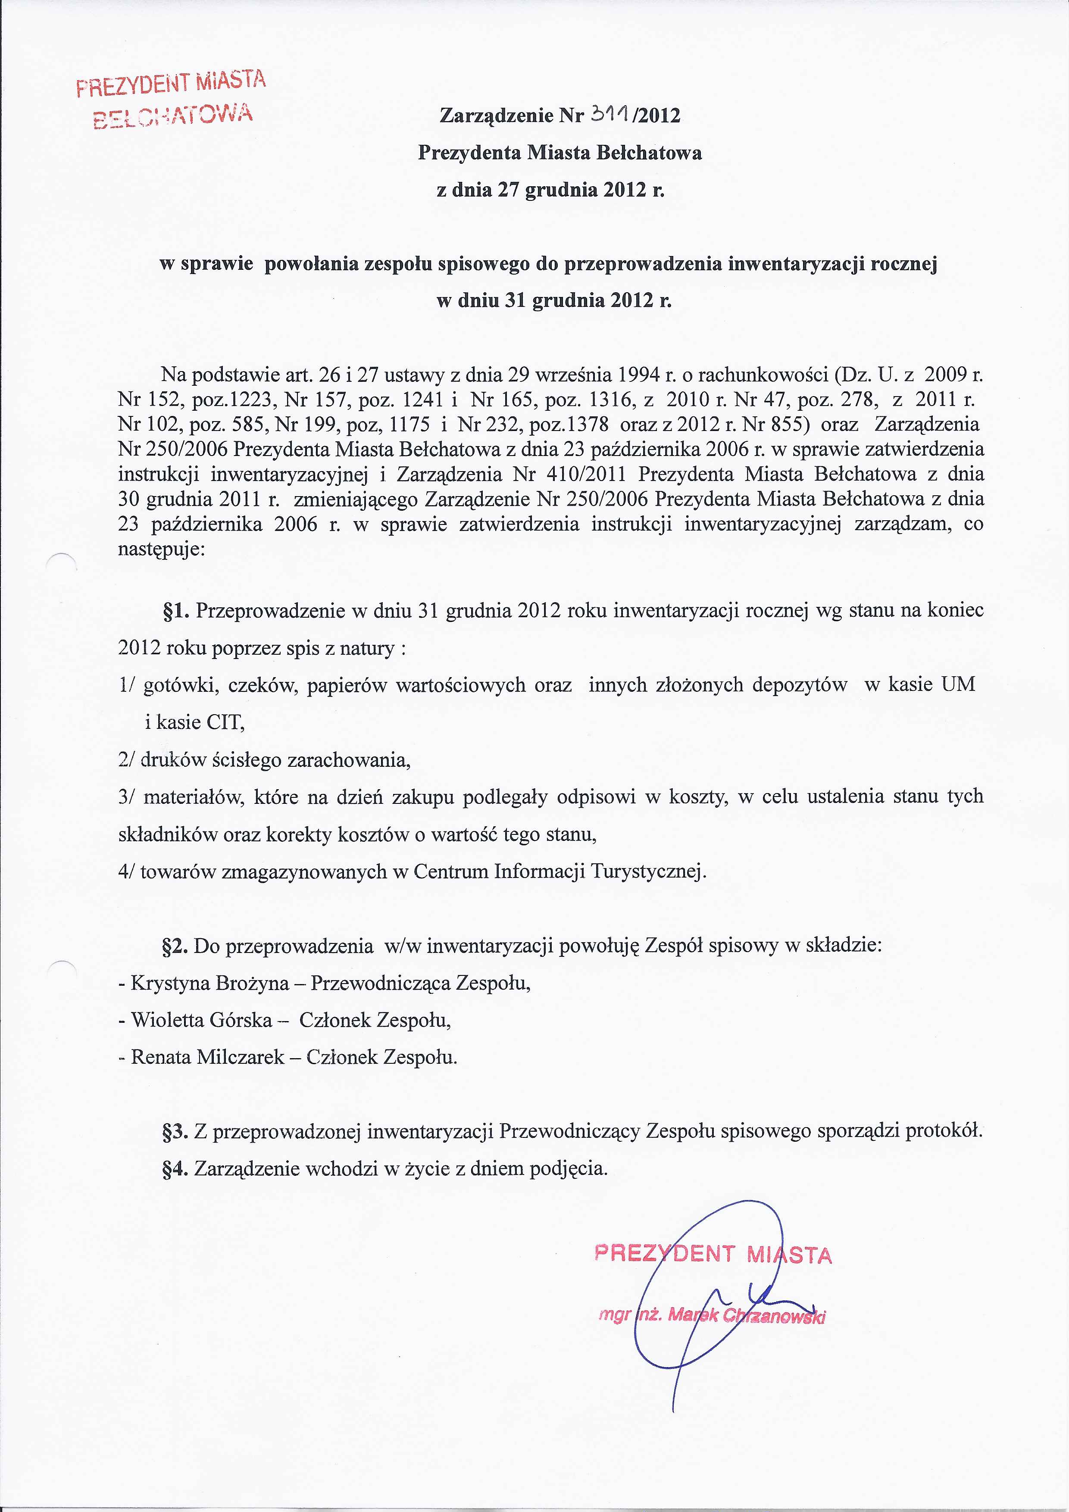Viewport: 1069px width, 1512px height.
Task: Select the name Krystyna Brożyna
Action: [209, 983]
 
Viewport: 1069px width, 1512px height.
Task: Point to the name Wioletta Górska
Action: [202, 1020]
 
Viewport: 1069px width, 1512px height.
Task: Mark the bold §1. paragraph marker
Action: [176, 610]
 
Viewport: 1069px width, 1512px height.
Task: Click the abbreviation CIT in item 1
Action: [225, 722]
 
